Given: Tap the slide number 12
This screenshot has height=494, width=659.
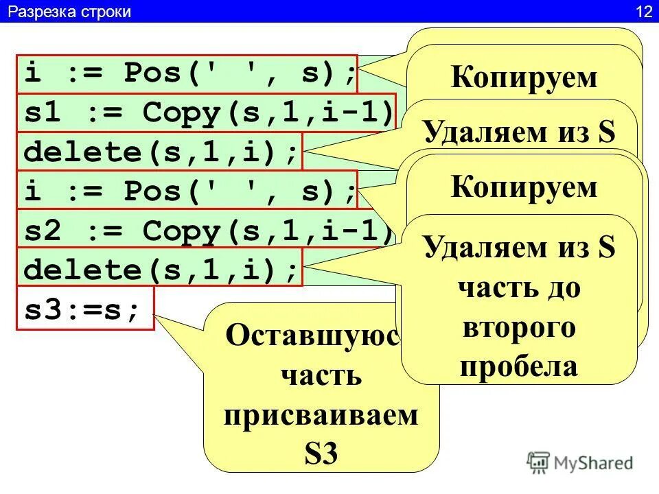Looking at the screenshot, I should coord(643,12).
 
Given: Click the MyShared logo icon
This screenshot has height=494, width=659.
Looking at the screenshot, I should coord(539,462).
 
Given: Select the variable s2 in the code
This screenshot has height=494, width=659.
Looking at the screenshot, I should coord(40,231).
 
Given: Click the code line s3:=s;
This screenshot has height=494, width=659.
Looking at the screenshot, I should coord(82,308).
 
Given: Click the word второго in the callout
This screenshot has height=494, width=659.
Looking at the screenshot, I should coord(518,328).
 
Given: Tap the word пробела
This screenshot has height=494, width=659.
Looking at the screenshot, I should coord(518,366).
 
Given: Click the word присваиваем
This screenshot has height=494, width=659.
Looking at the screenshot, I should coord(321,416).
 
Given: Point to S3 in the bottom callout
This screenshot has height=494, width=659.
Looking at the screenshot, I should coord(321,454).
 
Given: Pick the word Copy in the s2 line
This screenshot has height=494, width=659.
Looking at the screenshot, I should coord(180,231).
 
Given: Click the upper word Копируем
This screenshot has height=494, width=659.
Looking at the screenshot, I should coord(524,78).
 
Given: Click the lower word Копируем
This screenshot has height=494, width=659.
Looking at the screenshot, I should coord(524,187).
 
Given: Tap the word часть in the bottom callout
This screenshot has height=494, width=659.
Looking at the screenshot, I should coord(321,375).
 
